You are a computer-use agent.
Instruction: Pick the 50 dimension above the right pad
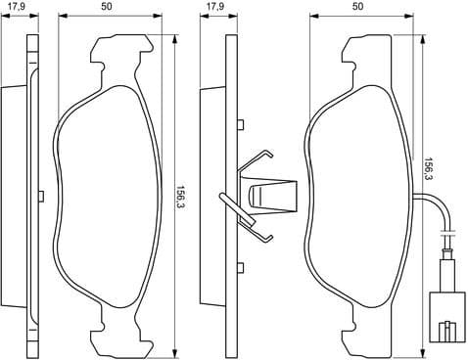pos(357,8)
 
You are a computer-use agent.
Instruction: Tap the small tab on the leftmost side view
pos(40,194)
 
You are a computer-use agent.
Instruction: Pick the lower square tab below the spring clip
pos(240,265)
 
